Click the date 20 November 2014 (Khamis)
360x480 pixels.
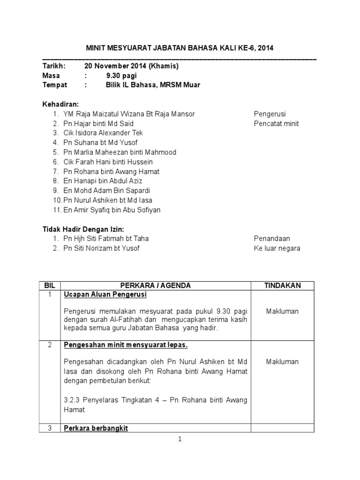(x=132, y=66)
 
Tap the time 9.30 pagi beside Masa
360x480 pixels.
(x=121, y=75)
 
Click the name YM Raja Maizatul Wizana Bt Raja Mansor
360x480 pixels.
(x=129, y=114)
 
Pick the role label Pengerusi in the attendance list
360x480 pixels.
(x=270, y=114)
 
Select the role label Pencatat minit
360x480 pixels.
(x=276, y=124)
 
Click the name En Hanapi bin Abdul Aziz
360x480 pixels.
(x=103, y=181)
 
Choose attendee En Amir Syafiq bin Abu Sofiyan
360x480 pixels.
(x=112, y=210)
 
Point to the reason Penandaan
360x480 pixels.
(x=272, y=239)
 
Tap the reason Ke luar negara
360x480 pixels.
(x=277, y=248)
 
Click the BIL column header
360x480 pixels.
(x=50, y=285)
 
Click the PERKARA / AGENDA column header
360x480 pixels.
(x=156, y=285)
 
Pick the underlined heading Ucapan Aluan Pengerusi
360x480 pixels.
(x=105, y=295)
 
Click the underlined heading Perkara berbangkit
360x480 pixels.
(x=96, y=428)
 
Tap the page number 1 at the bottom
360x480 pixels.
(x=180, y=439)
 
